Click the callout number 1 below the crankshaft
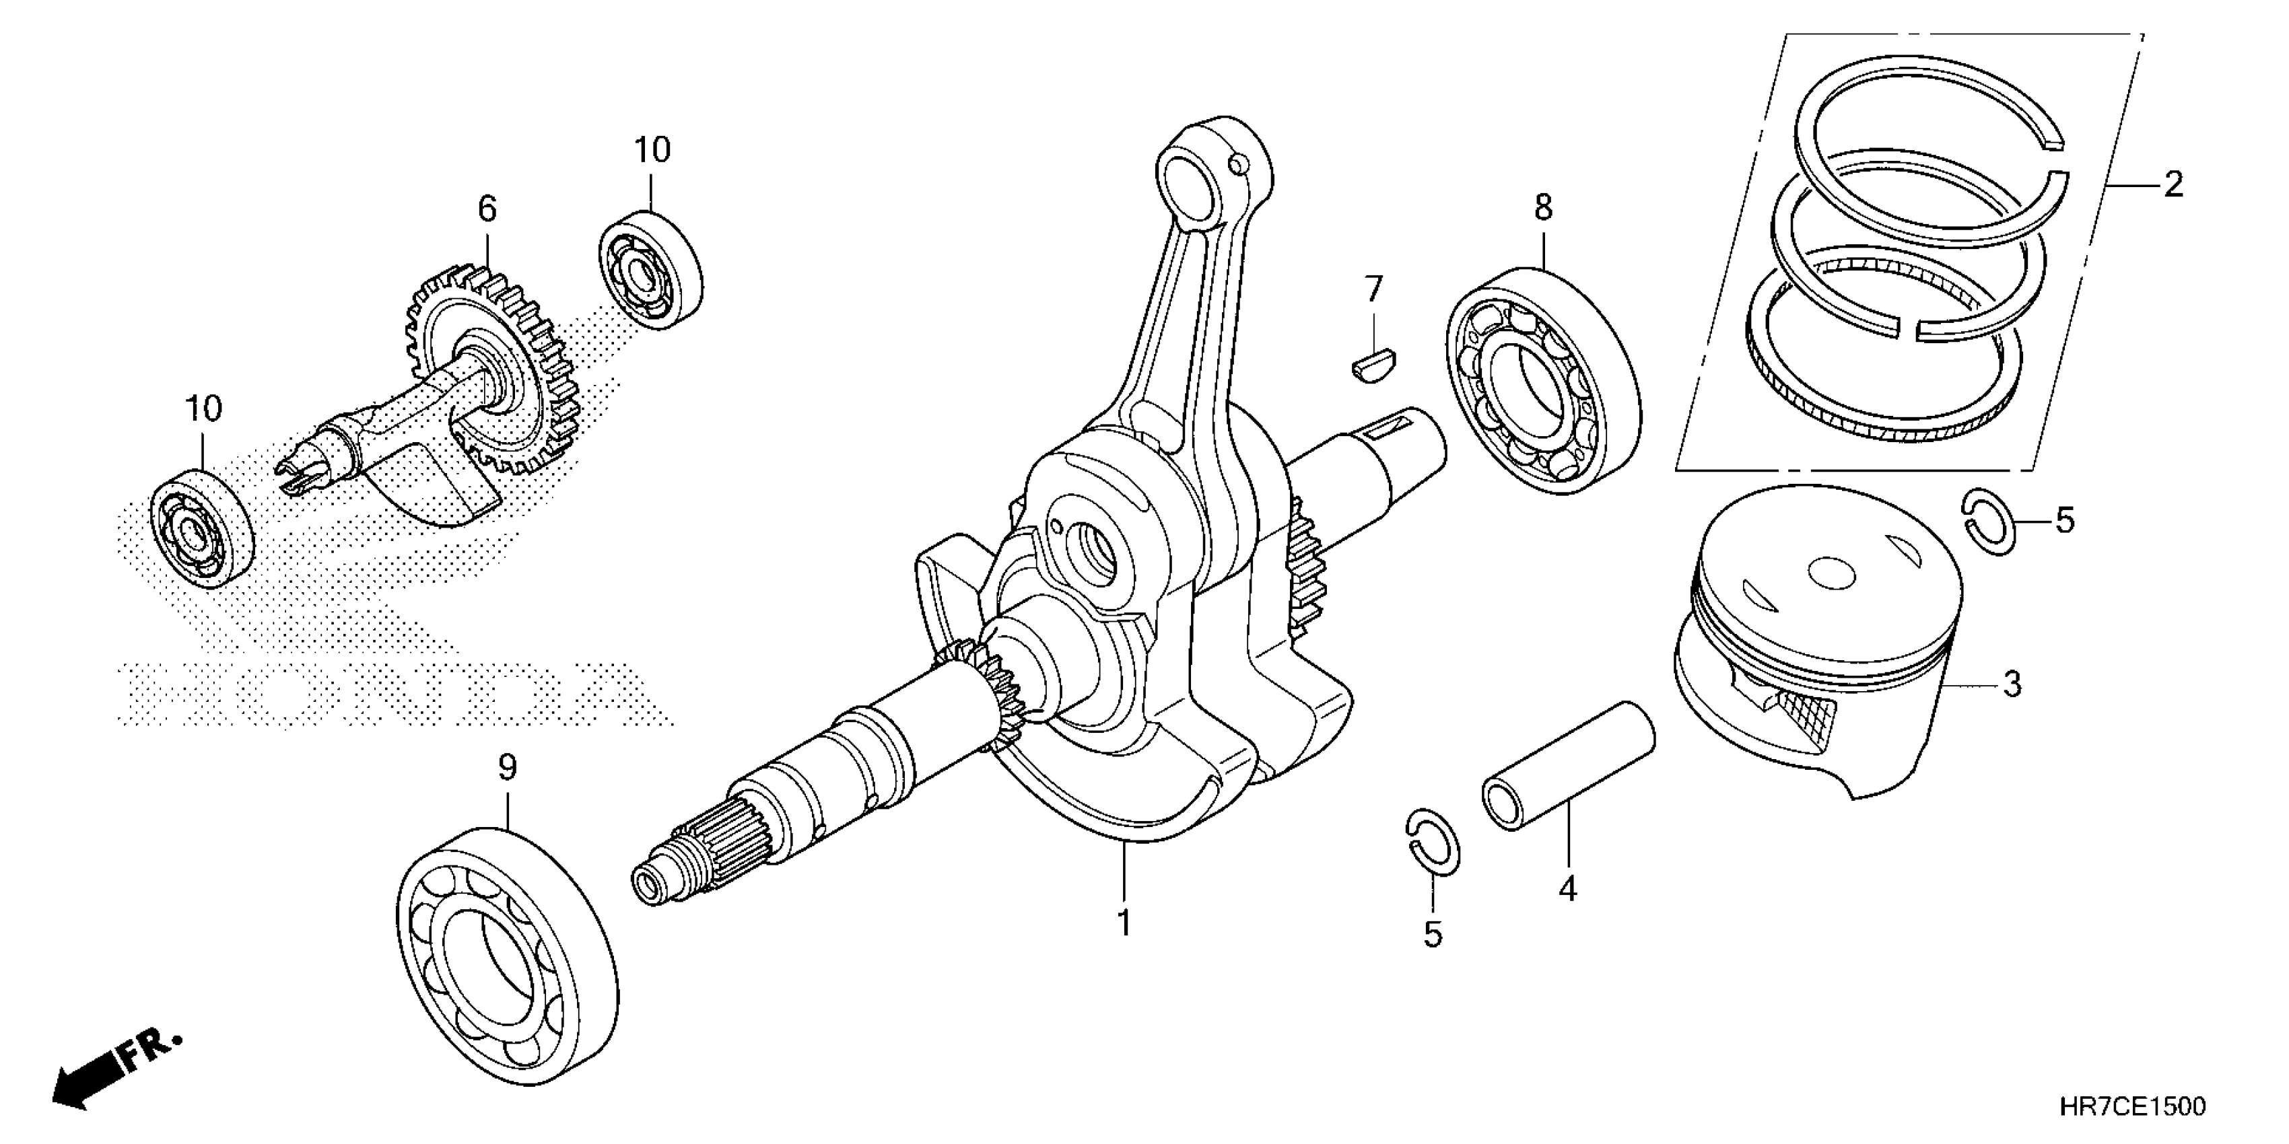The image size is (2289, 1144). coord(1124,923)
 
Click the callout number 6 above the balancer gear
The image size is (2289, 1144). coord(487,209)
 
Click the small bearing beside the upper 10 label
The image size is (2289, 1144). coord(650,269)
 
